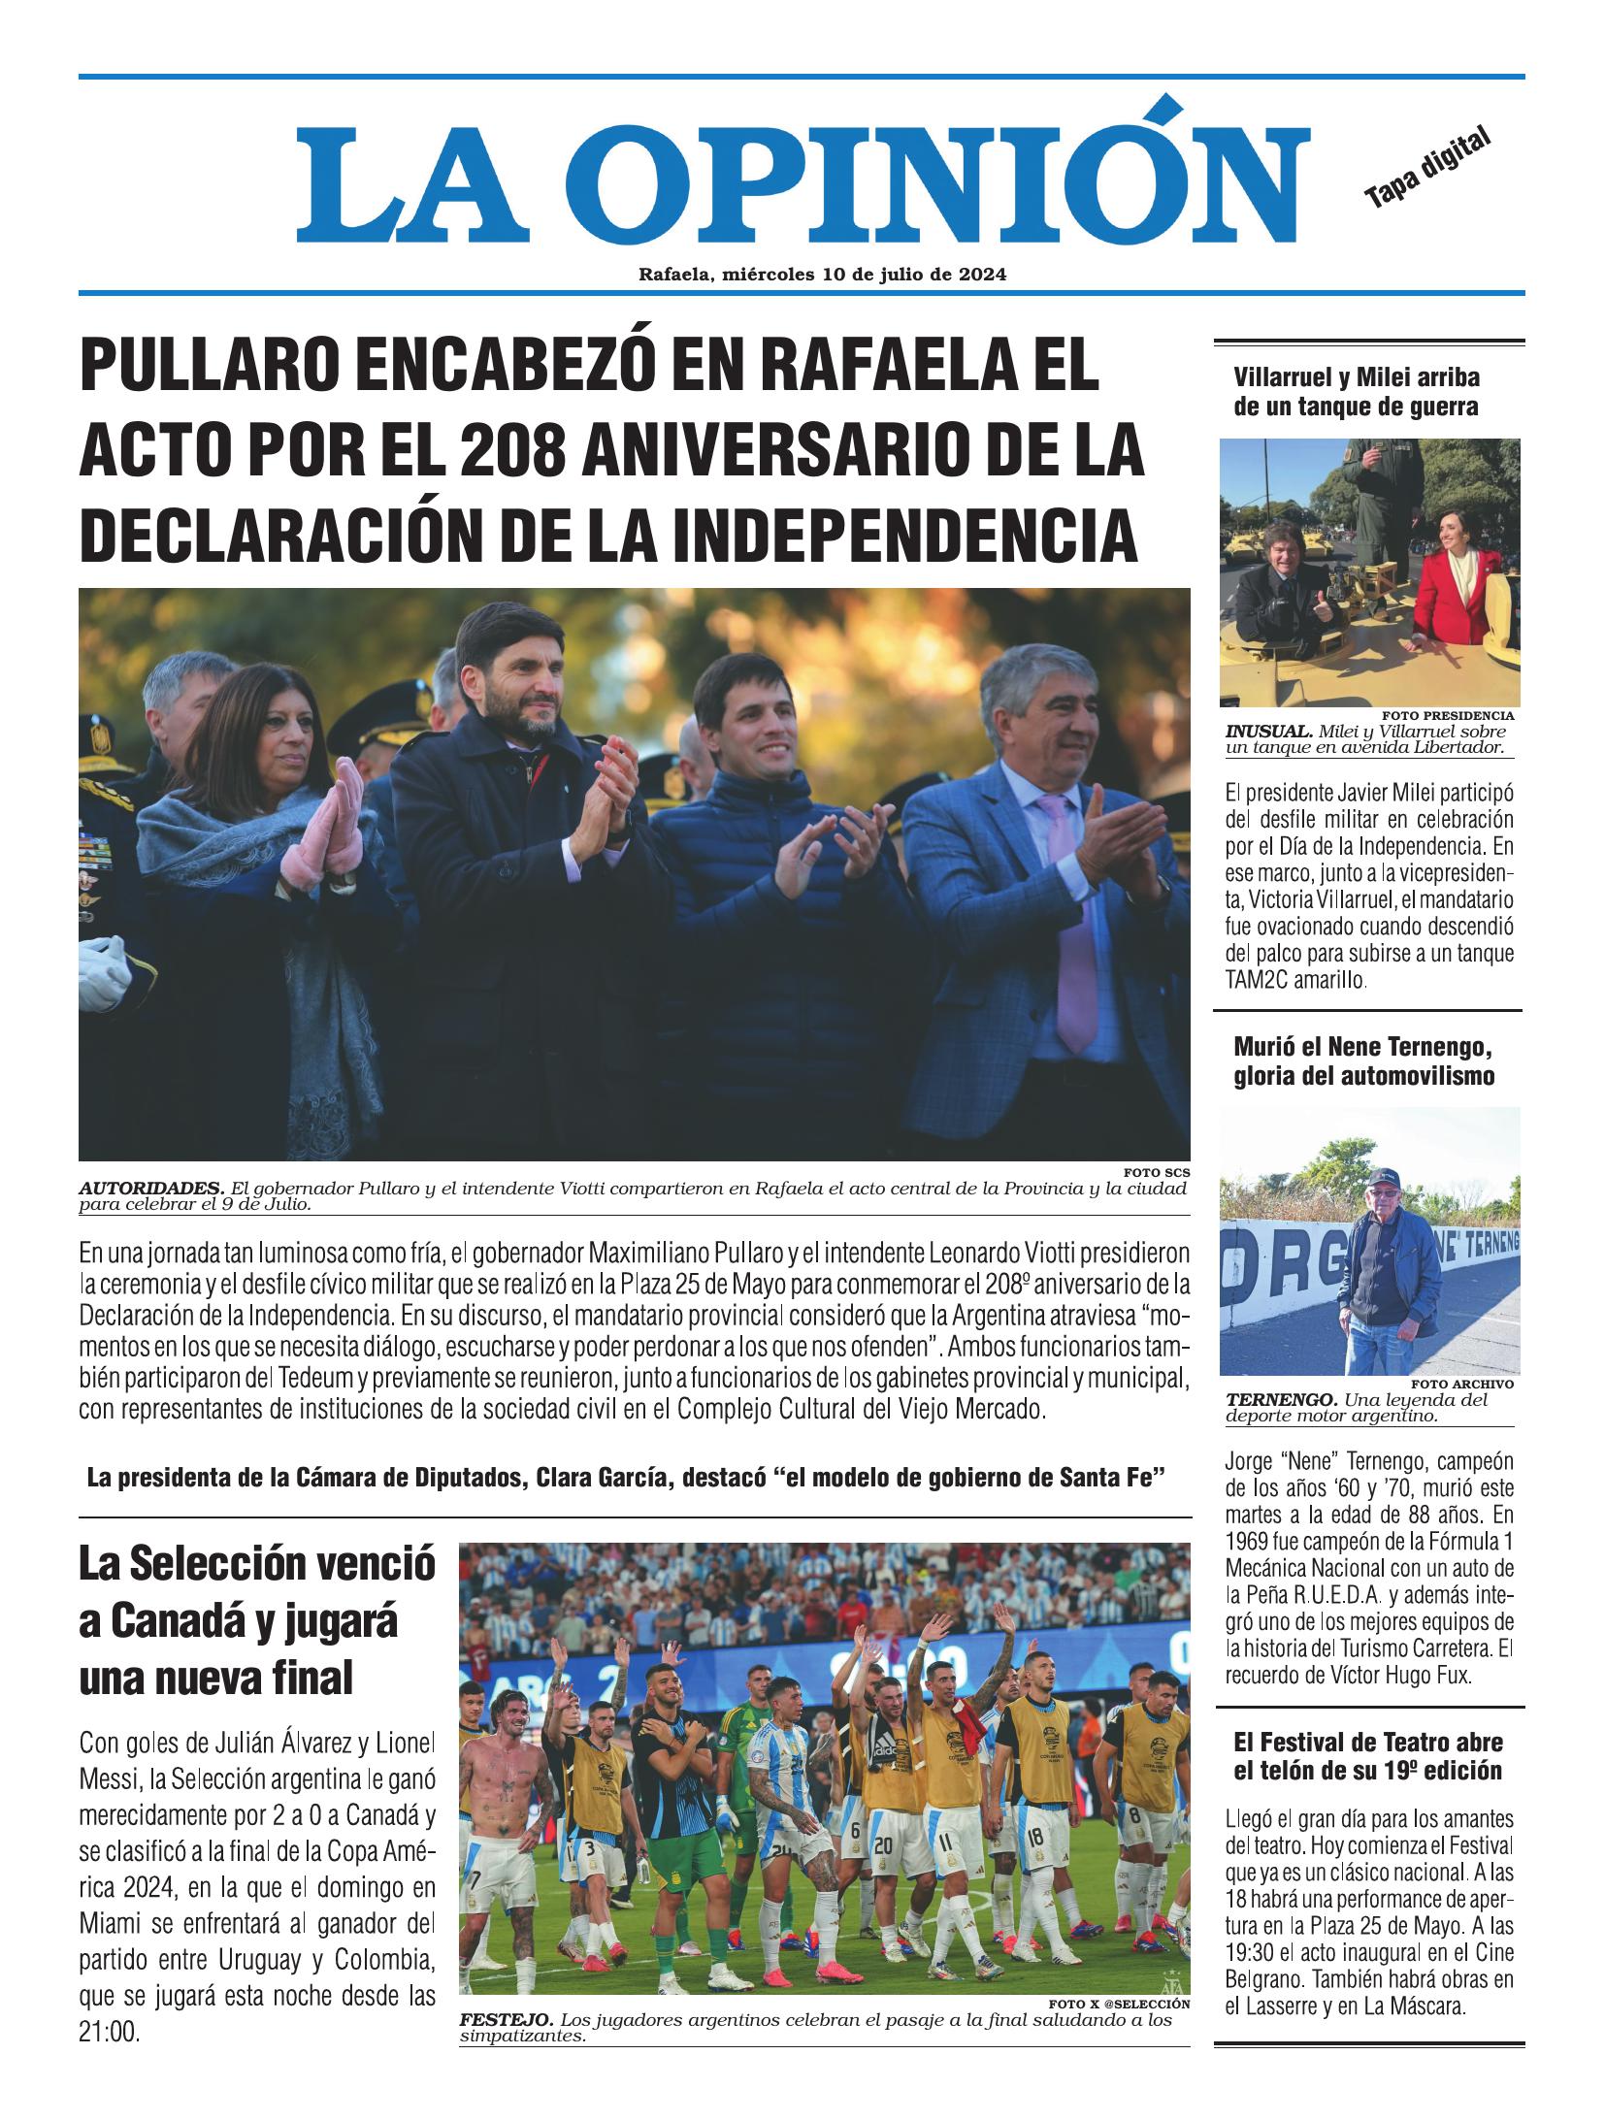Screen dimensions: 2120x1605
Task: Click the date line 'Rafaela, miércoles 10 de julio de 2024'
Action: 822,275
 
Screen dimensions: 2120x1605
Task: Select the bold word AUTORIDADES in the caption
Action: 150,1189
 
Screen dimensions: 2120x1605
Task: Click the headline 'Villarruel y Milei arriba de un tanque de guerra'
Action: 1356,392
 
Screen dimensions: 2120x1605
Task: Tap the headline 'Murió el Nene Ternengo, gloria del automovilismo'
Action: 1362,1061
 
